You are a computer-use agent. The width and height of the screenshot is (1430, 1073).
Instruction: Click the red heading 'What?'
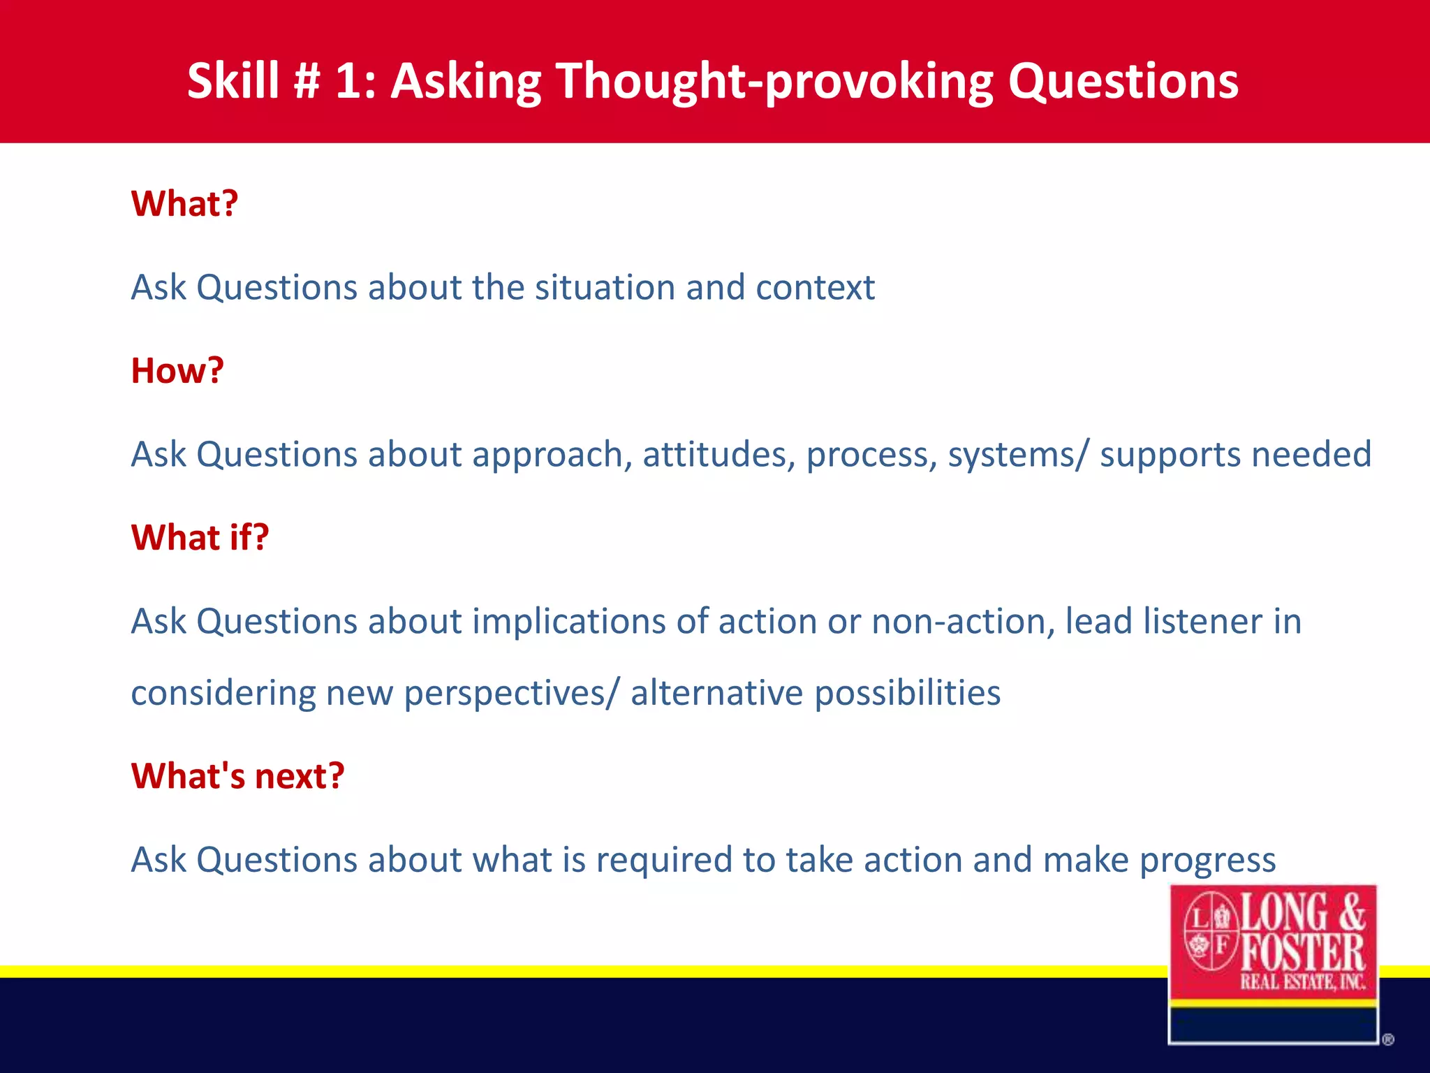point(184,204)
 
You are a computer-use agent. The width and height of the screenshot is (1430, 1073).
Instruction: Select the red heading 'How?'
point(177,371)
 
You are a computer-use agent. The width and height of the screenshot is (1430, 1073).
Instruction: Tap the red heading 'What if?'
point(200,538)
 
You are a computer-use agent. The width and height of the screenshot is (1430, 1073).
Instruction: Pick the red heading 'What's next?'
point(237,776)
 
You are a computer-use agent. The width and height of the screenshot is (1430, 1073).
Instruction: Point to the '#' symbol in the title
point(307,81)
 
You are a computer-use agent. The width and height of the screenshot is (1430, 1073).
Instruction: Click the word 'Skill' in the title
point(233,81)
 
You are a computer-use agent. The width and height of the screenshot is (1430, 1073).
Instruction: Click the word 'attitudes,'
point(718,455)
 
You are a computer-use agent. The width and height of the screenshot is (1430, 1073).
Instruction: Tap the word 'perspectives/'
point(511,694)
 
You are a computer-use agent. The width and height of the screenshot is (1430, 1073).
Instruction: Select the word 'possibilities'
point(907,694)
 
